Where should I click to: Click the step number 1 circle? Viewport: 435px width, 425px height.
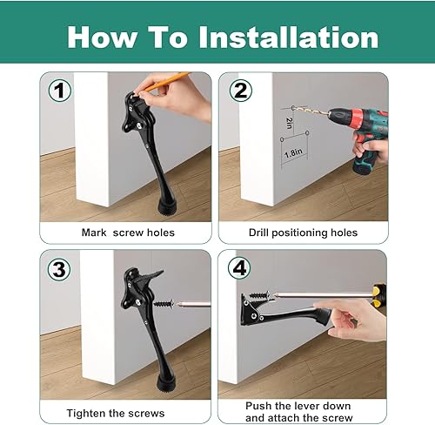(x=59, y=91)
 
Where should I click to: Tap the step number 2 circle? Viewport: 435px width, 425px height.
(x=239, y=91)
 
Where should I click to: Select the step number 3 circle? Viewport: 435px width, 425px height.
(x=59, y=269)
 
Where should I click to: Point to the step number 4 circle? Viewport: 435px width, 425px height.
(x=239, y=269)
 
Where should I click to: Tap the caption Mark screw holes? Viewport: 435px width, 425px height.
(x=128, y=233)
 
